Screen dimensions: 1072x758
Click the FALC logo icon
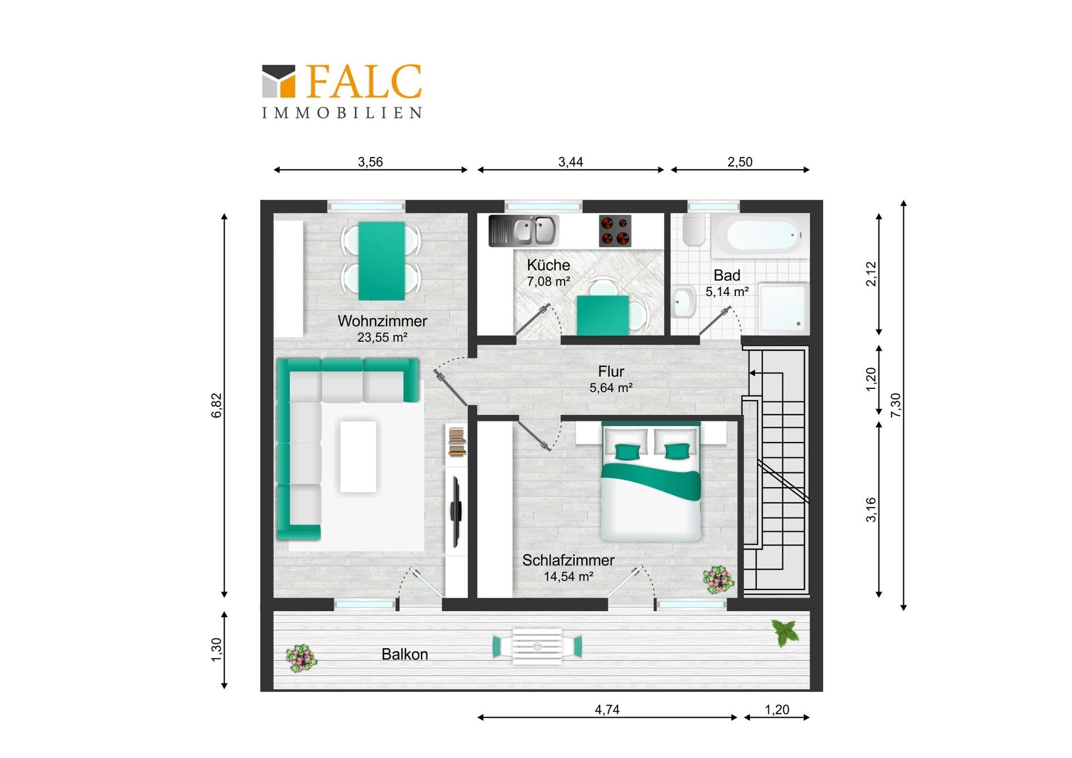pyautogui.click(x=279, y=81)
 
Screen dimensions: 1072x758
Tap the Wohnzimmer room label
pyautogui.click(x=382, y=321)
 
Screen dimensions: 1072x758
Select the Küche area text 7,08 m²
pyautogui.click(x=548, y=282)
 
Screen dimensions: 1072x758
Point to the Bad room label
pyautogui.click(x=727, y=275)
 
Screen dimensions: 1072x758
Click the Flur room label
pyautogui.click(x=611, y=371)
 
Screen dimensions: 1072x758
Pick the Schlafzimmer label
pyautogui.click(x=568, y=560)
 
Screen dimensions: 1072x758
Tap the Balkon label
pyautogui.click(x=405, y=654)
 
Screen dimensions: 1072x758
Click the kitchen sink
pyautogui.click(x=523, y=231)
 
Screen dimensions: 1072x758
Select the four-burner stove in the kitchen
pyautogui.click(x=615, y=231)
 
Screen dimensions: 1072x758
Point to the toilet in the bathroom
pyautogui.click(x=694, y=230)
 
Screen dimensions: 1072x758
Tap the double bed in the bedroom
pyautogui.click(x=651, y=481)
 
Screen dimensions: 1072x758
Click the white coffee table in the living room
pyautogui.click(x=358, y=457)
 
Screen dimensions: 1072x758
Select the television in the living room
pyautogui.click(x=456, y=512)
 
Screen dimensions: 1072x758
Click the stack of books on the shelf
pyautogui.click(x=457, y=442)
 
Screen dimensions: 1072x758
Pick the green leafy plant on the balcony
pyautogui.click(x=786, y=632)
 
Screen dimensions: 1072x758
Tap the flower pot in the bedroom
pyautogui.click(x=719, y=580)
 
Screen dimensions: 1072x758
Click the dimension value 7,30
pyautogui.click(x=896, y=405)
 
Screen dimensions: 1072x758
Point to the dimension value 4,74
pyautogui.click(x=607, y=709)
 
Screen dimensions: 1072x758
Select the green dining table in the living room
pyautogui.click(x=381, y=261)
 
